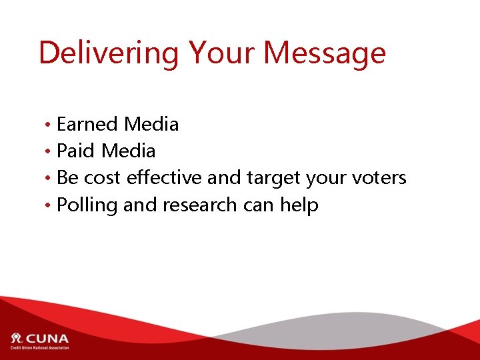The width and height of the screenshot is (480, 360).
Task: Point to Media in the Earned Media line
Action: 151,124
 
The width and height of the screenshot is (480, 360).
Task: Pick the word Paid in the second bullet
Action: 76,151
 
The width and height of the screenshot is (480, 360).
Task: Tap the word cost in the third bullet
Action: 104,178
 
